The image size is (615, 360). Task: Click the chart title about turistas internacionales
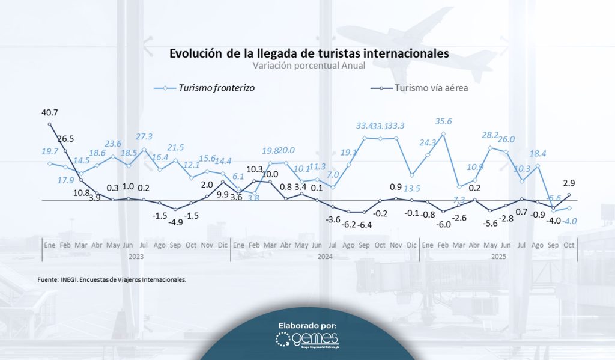pyautogui.click(x=309, y=53)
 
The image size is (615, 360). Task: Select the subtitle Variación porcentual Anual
pyautogui.click(x=309, y=66)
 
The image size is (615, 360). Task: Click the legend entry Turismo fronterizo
pyautogui.click(x=216, y=88)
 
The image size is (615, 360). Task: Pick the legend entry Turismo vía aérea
pyautogui.click(x=431, y=88)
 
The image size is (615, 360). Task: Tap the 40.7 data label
pyautogui.click(x=49, y=112)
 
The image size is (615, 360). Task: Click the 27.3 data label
pyautogui.click(x=144, y=137)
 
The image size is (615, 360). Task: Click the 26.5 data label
pyautogui.click(x=66, y=139)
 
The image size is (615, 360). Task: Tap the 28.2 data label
pyautogui.click(x=491, y=135)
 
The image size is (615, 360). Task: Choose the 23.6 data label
pyautogui.click(x=114, y=144)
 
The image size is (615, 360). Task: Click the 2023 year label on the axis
pyautogui.click(x=136, y=257)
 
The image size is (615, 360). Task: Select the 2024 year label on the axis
pyautogui.click(x=325, y=257)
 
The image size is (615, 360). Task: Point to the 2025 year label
pyautogui.click(x=498, y=257)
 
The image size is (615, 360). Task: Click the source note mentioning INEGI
pyautogui.click(x=111, y=279)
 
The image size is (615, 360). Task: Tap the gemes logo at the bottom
pyautogui.click(x=308, y=340)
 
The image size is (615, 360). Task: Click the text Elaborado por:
pyautogui.click(x=307, y=325)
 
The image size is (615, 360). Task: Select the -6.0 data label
pyautogui.click(x=444, y=224)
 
